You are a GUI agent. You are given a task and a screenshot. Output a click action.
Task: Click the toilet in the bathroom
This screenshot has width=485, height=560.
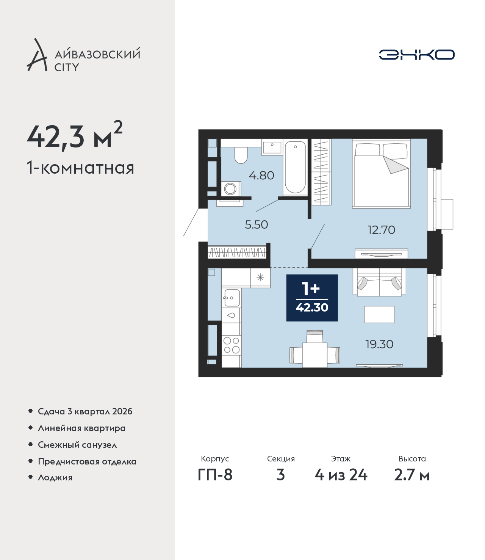click(241, 155)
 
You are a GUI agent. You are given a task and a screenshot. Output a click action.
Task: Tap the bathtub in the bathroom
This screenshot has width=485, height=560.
click(295, 167)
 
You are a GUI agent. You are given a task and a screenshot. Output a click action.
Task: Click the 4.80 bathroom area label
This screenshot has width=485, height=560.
click(261, 176)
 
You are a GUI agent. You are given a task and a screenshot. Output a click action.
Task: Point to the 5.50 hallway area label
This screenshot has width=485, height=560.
click(256, 224)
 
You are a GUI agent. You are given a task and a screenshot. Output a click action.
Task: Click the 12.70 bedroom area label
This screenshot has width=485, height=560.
click(381, 230)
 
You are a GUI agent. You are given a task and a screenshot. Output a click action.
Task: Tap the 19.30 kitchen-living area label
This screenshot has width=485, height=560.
click(379, 344)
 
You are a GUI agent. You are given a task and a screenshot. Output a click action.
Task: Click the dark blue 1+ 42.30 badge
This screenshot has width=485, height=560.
click(312, 298)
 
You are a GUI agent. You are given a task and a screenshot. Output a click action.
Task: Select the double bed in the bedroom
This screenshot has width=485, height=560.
click(381, 174)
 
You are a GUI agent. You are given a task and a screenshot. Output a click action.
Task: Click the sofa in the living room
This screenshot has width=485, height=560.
click(379, 282)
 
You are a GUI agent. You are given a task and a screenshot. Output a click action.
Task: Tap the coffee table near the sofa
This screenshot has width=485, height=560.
click(379, 314)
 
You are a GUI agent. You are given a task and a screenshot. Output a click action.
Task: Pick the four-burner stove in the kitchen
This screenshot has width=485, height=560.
click(232, 345)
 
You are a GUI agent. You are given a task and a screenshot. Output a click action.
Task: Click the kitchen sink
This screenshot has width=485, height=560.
click(232, 298)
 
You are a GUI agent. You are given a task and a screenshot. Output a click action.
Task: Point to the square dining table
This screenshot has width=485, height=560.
click(314, 355)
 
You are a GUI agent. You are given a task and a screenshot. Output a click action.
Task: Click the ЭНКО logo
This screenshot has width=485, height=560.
click(416, 55)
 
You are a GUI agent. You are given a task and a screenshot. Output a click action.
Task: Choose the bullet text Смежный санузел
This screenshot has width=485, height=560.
click(77, 445)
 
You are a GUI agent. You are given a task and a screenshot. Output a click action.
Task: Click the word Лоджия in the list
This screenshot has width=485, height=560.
click(55, 477)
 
